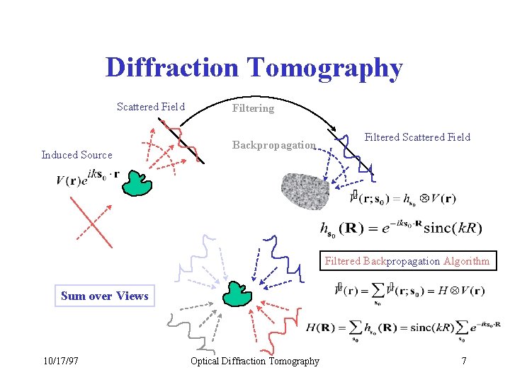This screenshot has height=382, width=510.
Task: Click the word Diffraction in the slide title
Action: coord(173,69)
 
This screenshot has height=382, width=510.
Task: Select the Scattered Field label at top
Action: coord(150,107)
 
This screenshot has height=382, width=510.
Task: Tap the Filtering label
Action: coord(253,108)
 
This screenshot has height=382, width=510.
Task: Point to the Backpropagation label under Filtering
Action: coord(274,145)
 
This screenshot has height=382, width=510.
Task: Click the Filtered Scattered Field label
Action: coord(417,137)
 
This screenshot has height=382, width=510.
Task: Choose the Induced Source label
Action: coord(76,155)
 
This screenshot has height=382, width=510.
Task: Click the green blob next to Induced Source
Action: coord(137,182)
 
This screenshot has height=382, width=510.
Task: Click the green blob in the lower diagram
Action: coord(237,293)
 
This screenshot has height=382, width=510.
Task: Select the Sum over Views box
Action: coord(105,296)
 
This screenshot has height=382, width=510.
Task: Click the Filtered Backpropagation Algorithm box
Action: coord(407,261)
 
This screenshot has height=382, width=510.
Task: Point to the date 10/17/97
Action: coord(60,361)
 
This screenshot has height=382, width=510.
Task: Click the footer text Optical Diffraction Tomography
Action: coord(255,361)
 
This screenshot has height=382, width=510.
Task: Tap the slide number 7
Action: coord(463,361)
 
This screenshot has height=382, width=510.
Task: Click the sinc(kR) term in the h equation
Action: coord(452,228)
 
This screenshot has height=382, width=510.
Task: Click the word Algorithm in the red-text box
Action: coord(466,261)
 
